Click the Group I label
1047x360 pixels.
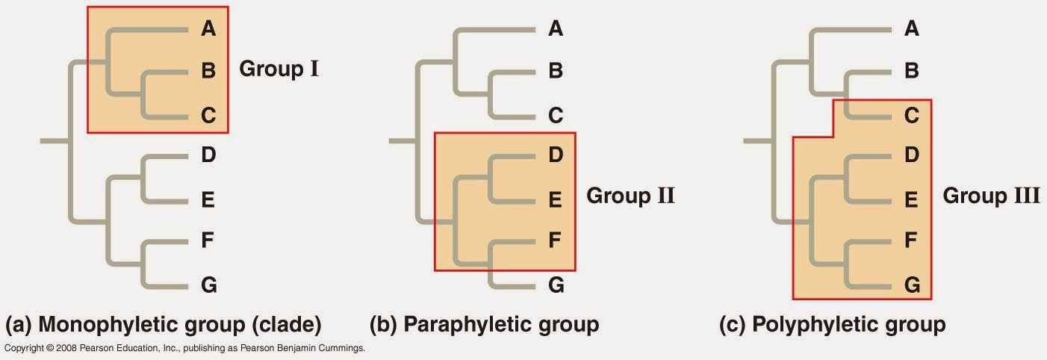(279, 69)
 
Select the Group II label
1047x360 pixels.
(630, 196)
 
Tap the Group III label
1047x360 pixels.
(991, 196)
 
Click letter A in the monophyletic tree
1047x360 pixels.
(208, 29)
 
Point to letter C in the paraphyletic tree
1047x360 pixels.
(556, 116)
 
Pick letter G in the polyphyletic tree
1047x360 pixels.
(912, 285)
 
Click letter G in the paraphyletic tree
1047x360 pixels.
(556, 285)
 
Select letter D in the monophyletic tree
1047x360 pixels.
(208, 156)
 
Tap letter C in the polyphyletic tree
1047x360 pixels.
(912, 116)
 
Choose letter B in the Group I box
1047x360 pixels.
(208, 71)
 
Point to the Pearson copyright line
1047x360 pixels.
(184, 348)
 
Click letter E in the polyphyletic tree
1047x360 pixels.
(912, 199)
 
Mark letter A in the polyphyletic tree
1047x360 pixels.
(912, 29)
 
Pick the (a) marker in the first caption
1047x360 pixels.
(18, 326)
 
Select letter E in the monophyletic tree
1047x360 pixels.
(208, 199)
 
